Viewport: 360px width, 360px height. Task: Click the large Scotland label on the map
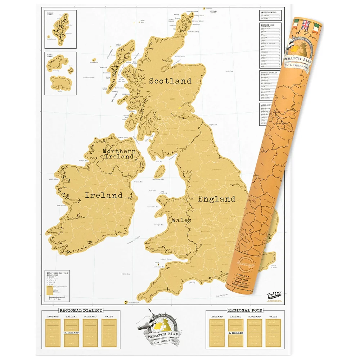170,81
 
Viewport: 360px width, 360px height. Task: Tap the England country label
216,199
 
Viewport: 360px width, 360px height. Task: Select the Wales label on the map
181,220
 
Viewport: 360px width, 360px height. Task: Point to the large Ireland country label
103,195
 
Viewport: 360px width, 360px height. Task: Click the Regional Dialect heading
81,310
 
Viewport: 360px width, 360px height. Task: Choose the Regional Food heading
245,310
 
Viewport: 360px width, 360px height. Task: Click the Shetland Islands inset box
60,29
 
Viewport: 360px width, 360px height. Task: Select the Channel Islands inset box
60,73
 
